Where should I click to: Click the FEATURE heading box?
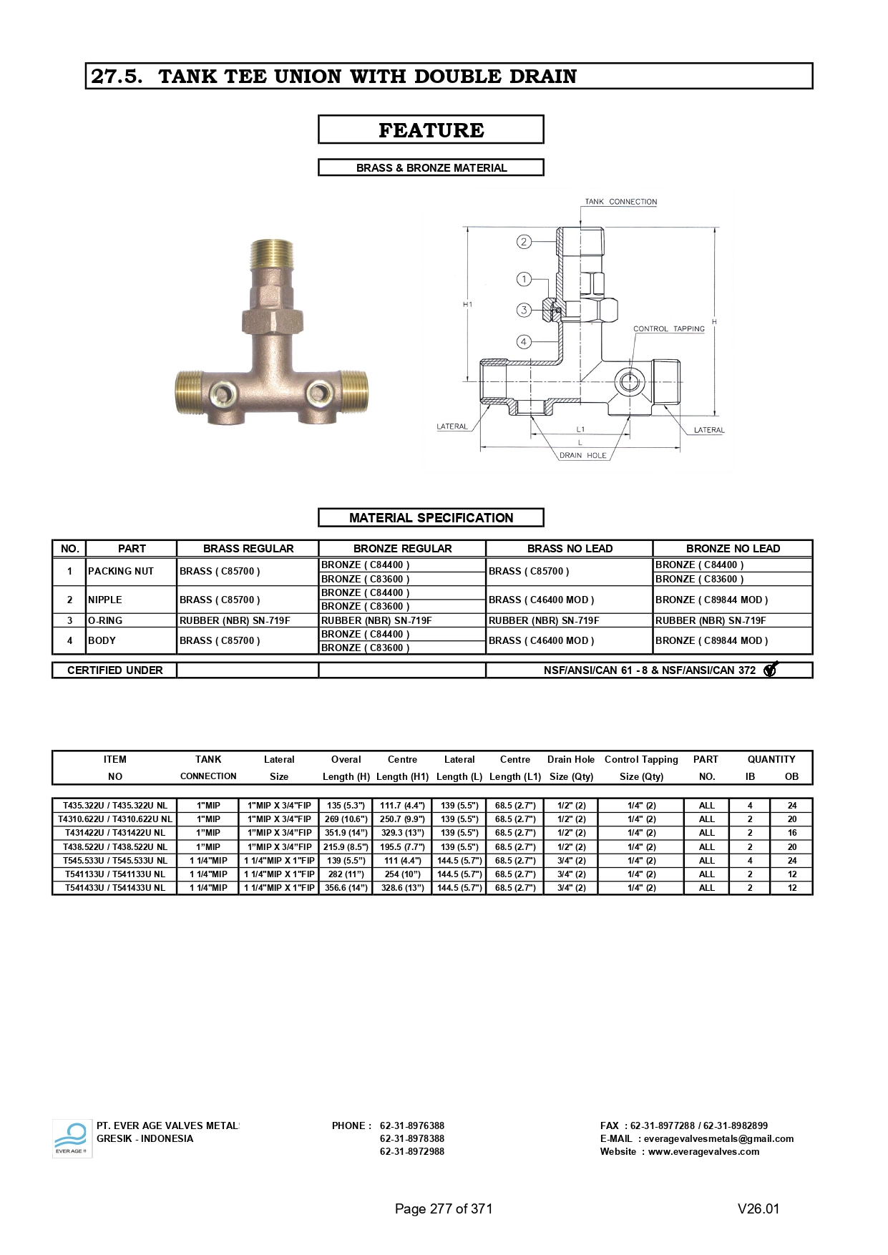pyautogui.click(x=431, y=130)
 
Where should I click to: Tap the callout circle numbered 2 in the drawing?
pyautogui.click(x=524, y=242)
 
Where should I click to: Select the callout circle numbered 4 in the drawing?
pyautogui.click(x=524, y=342)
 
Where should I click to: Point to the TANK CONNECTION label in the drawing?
pyautogui.click(x=620, y=202)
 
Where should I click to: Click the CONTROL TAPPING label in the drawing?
pyautogui.click(x=669, y=329)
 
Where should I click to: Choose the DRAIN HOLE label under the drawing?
pyautogui.click(x=582, y=456)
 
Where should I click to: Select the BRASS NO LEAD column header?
pyautogui.click(x=570, y=549)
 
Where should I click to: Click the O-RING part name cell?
pyautogui.click(x=105, y=620)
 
